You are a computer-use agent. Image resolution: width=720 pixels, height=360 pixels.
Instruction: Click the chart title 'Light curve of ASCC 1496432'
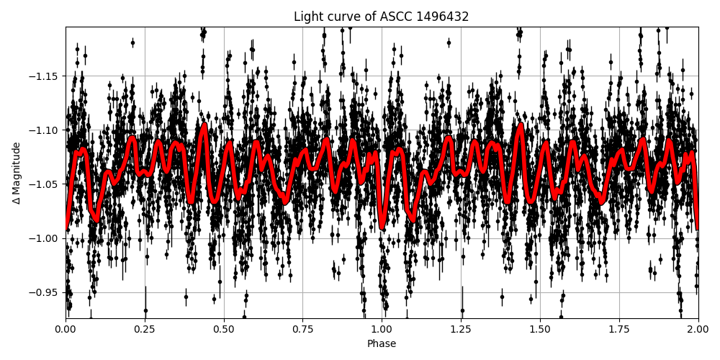pos(381,17)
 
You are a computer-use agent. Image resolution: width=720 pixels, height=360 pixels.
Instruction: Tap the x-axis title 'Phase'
pos(382,344)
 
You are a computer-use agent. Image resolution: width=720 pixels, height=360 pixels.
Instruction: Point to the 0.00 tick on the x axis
pos(66,329)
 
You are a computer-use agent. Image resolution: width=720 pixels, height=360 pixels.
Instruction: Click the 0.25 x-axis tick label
pos(145,329)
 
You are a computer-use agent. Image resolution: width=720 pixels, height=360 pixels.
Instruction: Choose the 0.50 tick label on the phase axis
pos(224,329)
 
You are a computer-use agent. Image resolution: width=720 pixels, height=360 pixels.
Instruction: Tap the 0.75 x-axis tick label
pos(302,329)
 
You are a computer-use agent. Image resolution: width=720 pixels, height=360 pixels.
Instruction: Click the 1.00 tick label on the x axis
pos(382,329)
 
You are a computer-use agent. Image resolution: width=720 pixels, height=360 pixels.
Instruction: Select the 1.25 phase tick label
pos(461,329)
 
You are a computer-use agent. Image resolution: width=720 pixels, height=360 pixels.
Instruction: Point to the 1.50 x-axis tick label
pos(540,329)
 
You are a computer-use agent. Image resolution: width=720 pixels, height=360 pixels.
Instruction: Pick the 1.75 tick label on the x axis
pos(618,329)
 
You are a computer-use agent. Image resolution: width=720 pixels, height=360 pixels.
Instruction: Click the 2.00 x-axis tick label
pos(698,329)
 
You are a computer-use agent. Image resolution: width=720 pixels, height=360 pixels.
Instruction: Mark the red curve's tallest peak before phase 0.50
pos(204,125)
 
